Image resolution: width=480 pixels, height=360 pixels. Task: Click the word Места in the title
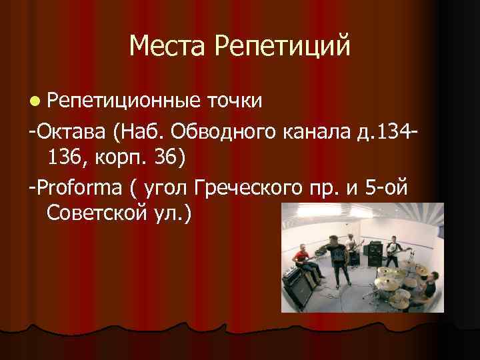click(x=167, y=47)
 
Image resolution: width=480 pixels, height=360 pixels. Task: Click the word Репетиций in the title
click(x=282, y=47)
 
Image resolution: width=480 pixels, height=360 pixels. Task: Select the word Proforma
click(x=79, y=189)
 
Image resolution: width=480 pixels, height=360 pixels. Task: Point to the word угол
click(x=161, y=189)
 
